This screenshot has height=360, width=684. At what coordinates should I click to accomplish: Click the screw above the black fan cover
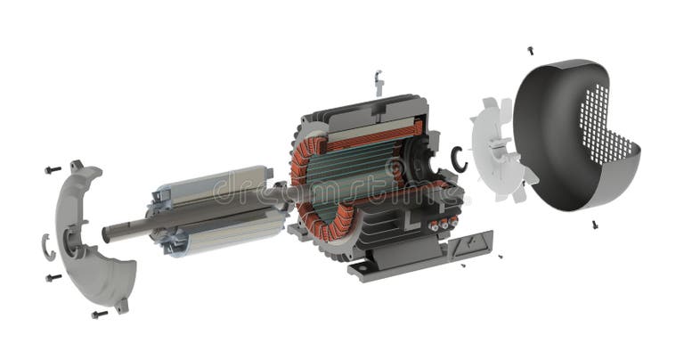coord(531,50)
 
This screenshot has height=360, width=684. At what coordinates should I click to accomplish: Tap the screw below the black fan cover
coord(594,225)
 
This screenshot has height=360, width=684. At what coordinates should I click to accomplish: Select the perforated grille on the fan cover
coord(607,125)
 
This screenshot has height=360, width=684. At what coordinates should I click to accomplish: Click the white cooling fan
coord(499,147)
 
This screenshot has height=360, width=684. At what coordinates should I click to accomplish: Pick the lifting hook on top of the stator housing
coord(379,83)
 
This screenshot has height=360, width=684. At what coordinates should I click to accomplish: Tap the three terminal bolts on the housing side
coord(442,223)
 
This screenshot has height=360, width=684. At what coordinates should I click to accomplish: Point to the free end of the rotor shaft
coord(110,234)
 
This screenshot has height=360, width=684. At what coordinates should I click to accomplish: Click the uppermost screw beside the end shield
coord(53,168)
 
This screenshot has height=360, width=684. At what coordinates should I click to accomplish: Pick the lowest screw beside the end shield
coord(98,314)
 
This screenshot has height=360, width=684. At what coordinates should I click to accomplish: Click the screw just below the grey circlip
coord(53,277)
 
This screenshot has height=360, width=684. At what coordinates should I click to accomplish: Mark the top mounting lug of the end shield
coord(77,166)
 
